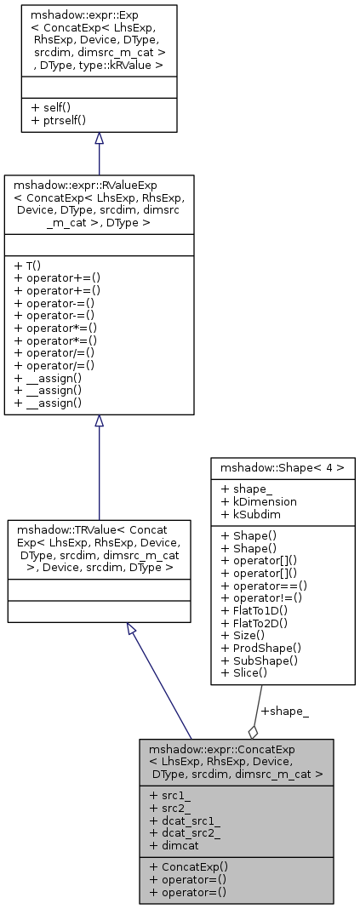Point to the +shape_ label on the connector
[284, 711]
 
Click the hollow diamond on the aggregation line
[253, 730]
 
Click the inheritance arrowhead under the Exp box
[99, 139]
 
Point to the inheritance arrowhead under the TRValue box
[131, 629]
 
